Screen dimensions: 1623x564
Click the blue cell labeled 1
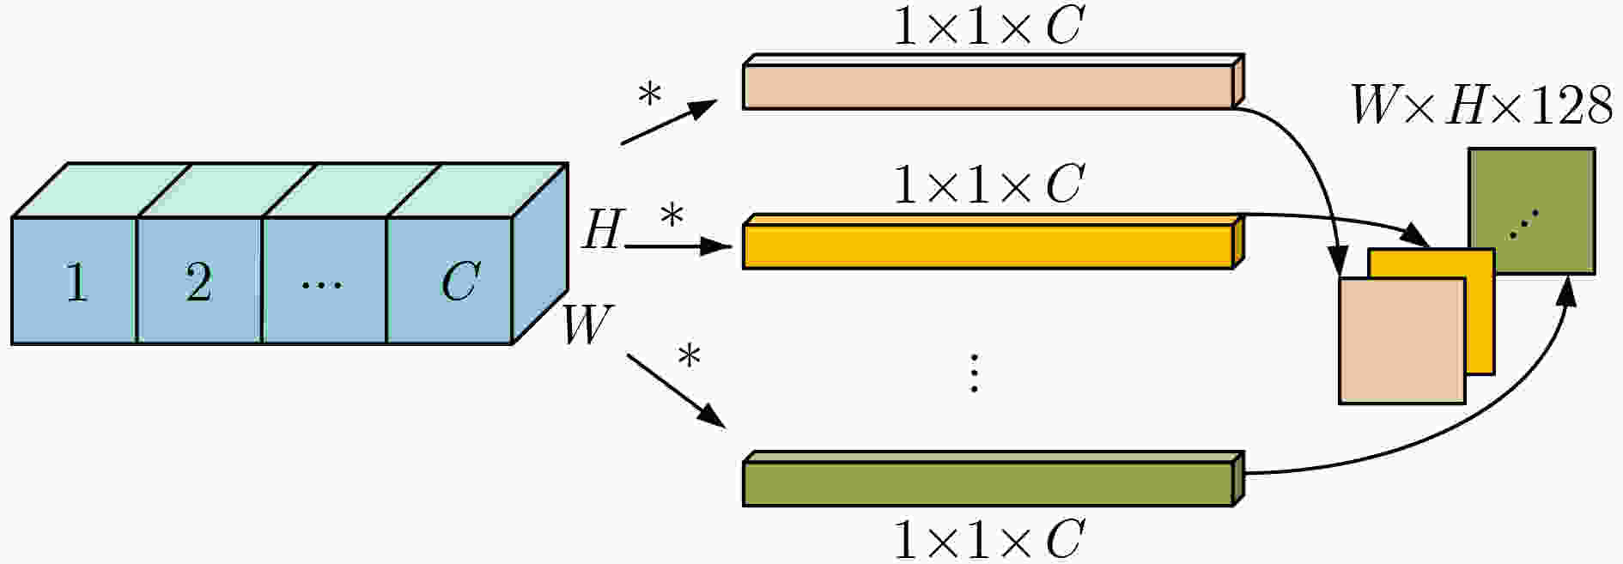[75, 280]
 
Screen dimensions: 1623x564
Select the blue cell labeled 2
[199, 280]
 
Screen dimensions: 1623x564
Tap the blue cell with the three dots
[325, 280]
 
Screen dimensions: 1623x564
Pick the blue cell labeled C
[450, 280]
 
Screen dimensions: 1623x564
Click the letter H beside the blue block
[601, 230]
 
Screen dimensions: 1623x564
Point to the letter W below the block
[588, 324]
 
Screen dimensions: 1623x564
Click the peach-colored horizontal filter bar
[988, 87]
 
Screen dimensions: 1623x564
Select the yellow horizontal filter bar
[988, 246]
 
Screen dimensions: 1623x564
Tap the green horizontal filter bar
[988, 483]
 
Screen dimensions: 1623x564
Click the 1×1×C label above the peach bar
[988, 26]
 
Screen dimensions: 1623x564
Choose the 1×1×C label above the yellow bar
[988, 184]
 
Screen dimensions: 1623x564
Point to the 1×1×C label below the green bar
[988, 539]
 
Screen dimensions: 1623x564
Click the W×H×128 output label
[1481, 106]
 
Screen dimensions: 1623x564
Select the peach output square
[1402, 341]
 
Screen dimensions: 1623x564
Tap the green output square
[1532, 211]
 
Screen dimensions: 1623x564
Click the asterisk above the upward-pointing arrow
[650, 95]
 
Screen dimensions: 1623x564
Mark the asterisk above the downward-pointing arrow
[689, 355]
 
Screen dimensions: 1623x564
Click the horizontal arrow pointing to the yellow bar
[678, 246]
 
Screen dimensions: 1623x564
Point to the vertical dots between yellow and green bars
[974, 373]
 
